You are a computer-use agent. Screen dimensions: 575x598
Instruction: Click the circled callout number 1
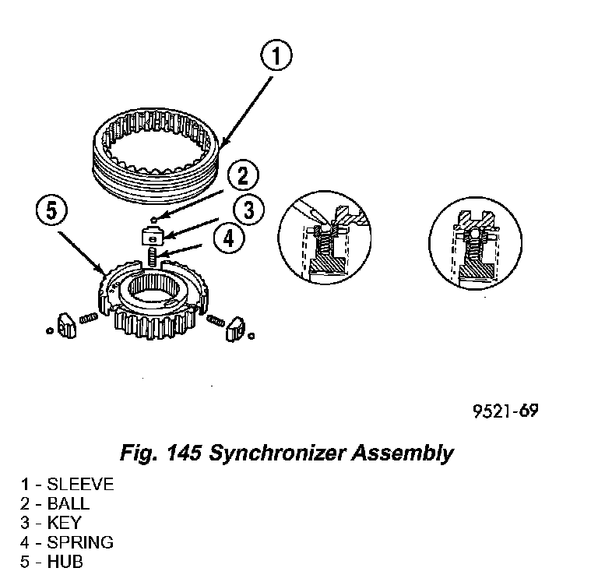point(276,57)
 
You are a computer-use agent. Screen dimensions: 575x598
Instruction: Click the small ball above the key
point(156,219)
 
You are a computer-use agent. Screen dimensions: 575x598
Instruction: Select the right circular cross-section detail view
point(473,242)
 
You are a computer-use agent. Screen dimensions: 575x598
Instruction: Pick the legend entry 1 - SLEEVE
point(67,485)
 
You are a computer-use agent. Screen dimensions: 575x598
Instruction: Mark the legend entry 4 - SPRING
point(67,542)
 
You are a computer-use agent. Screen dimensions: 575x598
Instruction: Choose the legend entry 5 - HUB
point(51,562)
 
